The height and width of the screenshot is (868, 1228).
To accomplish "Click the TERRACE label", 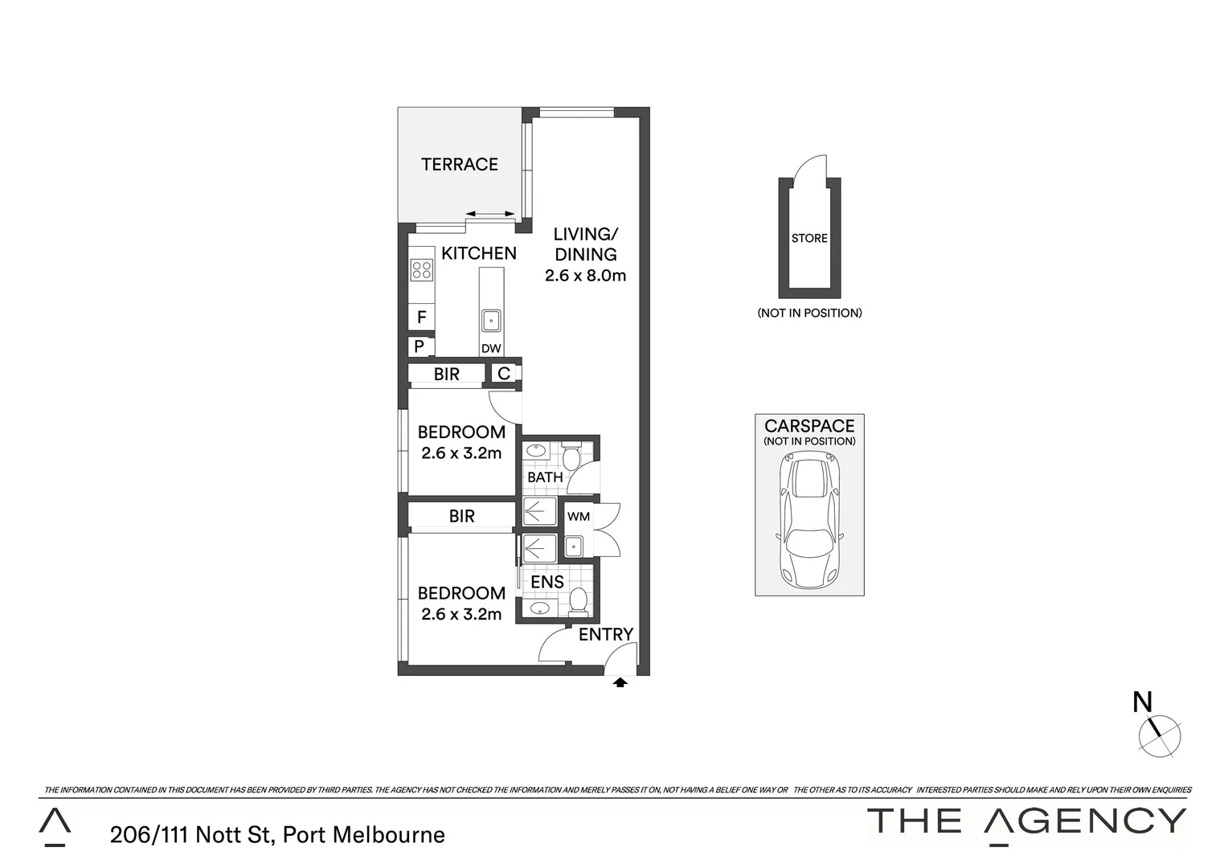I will (460, 165).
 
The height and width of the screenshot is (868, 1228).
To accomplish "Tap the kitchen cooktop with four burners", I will (421, 269).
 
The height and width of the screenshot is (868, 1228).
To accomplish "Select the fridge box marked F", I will (421, 317).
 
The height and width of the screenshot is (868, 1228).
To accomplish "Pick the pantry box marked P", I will (420, 347).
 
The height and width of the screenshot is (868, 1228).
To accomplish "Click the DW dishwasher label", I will (491, 349).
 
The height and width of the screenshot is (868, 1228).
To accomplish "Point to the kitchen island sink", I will (491, 321).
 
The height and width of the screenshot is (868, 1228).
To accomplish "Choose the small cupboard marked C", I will (504, 374).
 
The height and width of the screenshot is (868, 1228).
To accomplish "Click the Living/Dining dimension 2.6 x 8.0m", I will (585, 276).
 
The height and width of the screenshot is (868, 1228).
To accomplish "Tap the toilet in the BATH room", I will (571, 458).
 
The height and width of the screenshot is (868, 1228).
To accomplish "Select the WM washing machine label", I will (579, 517).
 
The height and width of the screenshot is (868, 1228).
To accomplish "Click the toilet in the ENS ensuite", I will (578, 600).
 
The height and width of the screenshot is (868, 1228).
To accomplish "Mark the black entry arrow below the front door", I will (620, 682).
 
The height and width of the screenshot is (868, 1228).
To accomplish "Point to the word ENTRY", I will (606, 635).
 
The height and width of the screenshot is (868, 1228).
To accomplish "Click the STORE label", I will (809, 238).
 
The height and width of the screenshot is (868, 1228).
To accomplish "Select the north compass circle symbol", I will (1160, 735).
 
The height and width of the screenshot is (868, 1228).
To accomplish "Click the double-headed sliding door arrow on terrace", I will (491, 214).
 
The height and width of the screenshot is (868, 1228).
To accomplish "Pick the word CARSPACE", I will (809, 426).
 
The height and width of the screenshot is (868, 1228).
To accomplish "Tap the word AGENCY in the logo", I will (1086, 821).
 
